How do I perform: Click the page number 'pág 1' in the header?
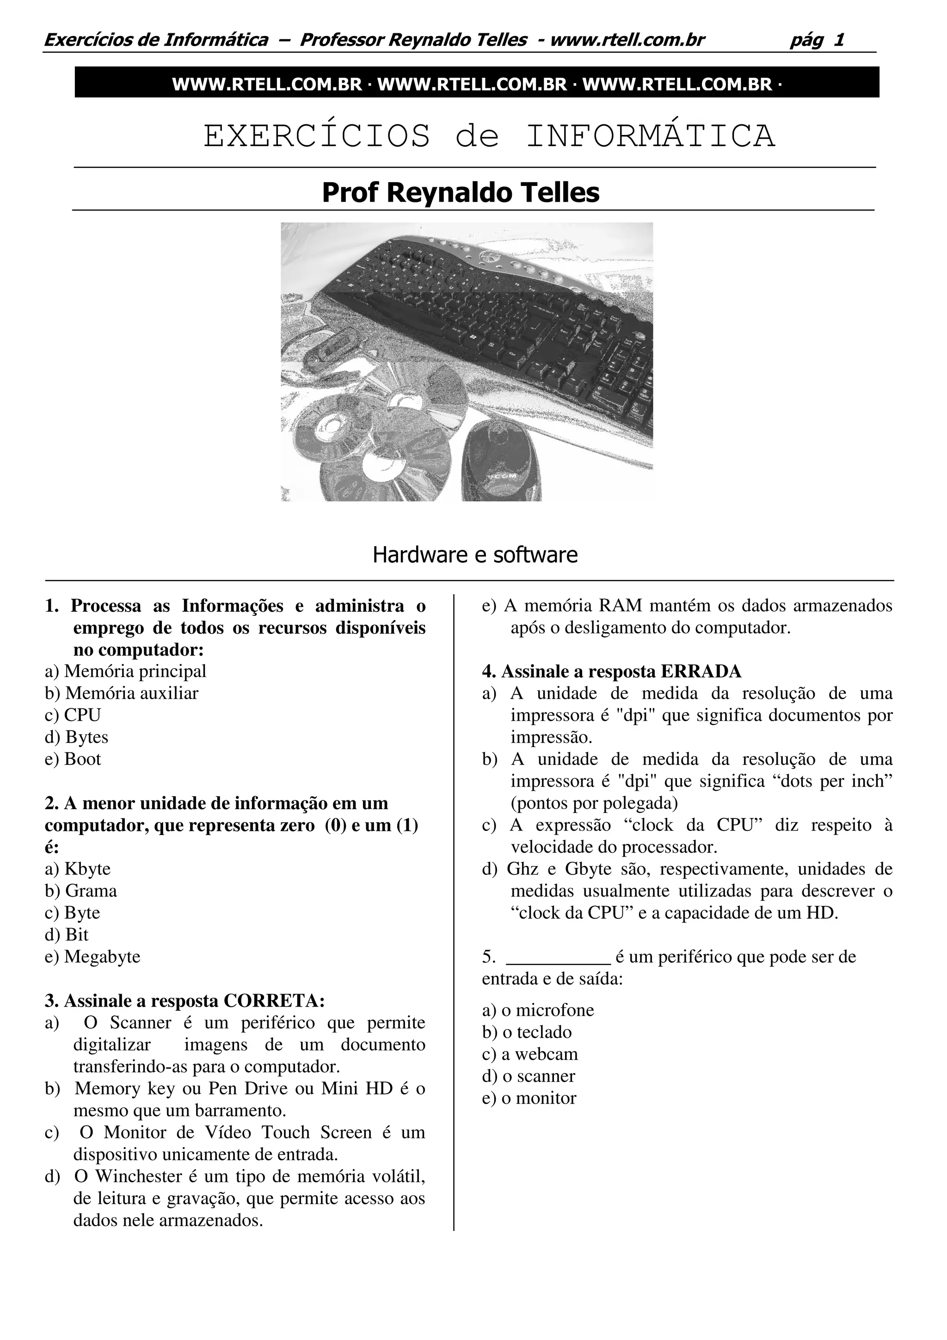coord(817,40)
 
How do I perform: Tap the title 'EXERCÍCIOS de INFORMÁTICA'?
coord(489,136)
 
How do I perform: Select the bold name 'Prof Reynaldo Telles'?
coord(461,193)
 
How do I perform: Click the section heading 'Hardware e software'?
coord(475,554)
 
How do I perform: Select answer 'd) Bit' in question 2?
coord(67,935)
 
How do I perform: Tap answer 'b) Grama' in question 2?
coord(80,891)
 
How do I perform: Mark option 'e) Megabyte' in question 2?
coord(92,957)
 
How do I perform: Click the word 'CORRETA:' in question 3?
coord(274,1001)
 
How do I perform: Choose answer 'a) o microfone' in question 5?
coord(537,1010)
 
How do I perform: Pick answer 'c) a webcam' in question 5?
coord(530,1055)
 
